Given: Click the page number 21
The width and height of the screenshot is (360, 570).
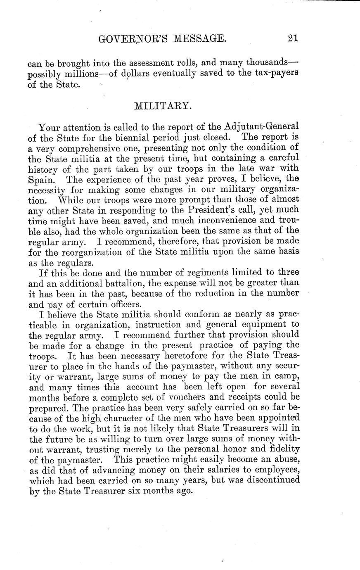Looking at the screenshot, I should (x=293, y=38).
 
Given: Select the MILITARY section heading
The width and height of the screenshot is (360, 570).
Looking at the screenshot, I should (x=163, y=106).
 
